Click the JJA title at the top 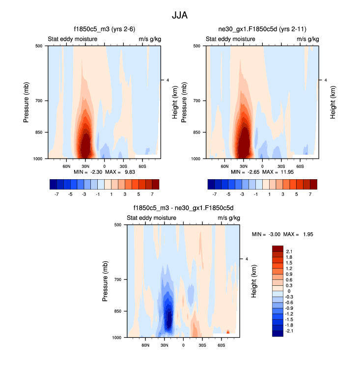click(180, 15)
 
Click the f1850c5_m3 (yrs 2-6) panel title click(104, 29)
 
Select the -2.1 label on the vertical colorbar click(290, 331)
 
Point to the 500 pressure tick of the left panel click(39, 46)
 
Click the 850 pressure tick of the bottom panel click(118, 311)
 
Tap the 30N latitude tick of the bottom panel click(165, 345)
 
